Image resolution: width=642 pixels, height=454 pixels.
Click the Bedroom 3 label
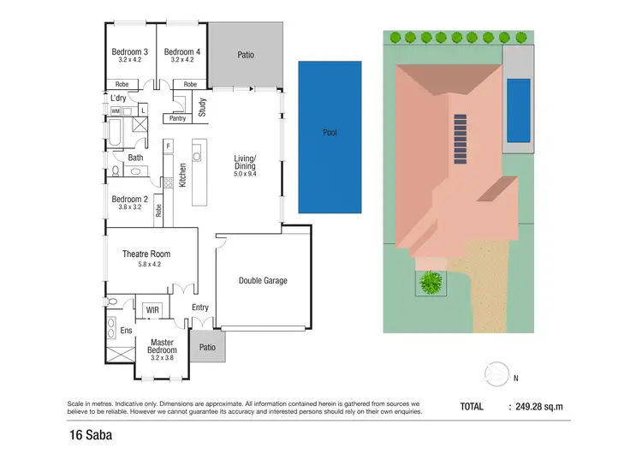pyautogui.click(x=130, y=52)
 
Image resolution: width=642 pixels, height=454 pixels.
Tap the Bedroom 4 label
pyautogui.click(x=182, y=52)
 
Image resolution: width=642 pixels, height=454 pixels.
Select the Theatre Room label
pyautogui.click(x=146, y=254)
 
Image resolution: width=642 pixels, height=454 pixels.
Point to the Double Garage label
pyautogui.click(x=263, y=280)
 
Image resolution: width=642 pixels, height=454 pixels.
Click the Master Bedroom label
pyautogui.click(x=162, y=345)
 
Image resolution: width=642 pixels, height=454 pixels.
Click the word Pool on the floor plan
pyautogui.click(x=330, y=134)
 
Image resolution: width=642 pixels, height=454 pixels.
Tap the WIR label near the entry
pyautogui.click(x=152, y=309)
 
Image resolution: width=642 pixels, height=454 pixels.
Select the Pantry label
pyautogui.click(x=177, y=118)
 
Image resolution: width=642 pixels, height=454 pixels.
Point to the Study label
pyautogui.click(x=203, y=108)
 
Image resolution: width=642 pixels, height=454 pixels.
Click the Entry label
pyautogui.click(x=200, y=308)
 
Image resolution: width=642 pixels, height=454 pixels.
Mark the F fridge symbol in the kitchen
pyautogui.click(x=169, y=146)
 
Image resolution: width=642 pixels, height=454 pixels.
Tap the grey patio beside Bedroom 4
pyautogui.click(x=246, y=55)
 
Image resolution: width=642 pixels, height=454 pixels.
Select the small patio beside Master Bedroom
pyautogui.click(x=207, y=348)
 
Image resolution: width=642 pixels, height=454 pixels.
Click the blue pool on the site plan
pyautogui.click(x=518, y=111)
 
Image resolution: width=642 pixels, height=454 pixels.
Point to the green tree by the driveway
pyautogui.click(x=431, y=282)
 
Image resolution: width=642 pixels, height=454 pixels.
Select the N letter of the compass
pyautogui.click(x=515, y=377)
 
